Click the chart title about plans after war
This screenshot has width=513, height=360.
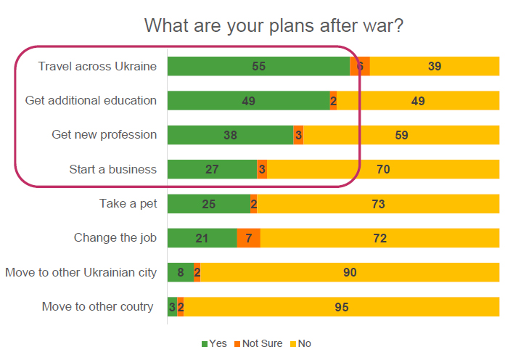tap(274, 25)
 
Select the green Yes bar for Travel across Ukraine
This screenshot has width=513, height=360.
tap(232, 66)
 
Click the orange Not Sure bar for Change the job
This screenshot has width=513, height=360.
tap(248, 238)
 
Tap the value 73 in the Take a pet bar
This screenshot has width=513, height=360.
tap(378, 204)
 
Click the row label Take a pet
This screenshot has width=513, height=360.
tap(128, 204)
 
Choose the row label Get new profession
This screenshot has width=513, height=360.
tap(104, 135)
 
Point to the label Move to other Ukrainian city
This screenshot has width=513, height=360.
tap(81, 273)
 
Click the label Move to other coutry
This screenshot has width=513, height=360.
tap(97, 307)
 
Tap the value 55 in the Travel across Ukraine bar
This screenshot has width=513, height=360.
tap(259, 66)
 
